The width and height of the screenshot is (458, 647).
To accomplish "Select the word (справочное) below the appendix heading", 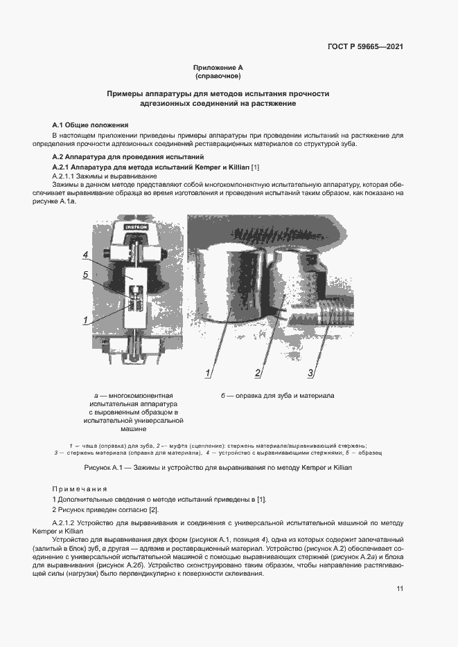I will (x=218, y=76).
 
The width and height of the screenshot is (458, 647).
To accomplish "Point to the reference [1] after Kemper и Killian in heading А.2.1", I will (x=254, y=168).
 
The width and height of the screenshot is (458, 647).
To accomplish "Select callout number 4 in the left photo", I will (x=85, y=255).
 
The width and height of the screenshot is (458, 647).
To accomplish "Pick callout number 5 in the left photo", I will (x=85, y=275).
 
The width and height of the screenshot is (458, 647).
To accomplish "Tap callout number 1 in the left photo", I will (x=85, y=320).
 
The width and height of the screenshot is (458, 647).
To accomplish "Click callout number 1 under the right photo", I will (x=207, y=374).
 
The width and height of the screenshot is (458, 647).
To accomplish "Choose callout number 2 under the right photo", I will (x=257, y=374).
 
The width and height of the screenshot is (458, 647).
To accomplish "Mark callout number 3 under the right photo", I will (x=311, y=374).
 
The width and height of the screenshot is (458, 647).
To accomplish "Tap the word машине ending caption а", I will (x=133, y=429).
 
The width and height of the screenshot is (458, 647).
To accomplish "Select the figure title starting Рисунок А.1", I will (x=218, y=468).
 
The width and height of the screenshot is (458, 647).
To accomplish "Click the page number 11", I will (x=400, y=589).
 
